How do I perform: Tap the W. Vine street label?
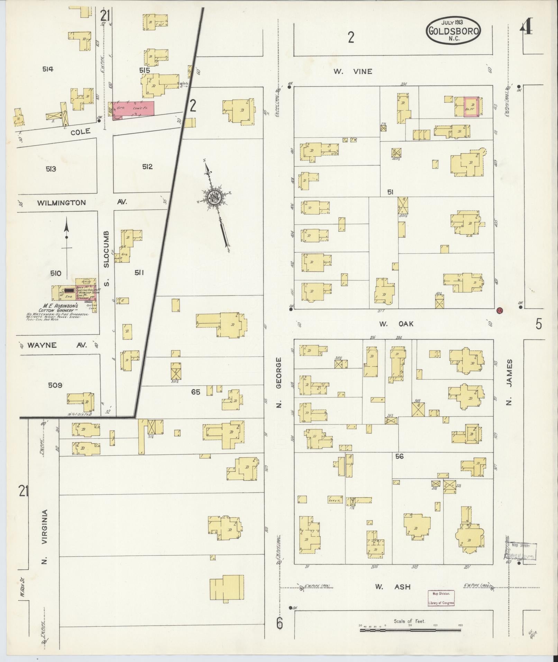point(353,72)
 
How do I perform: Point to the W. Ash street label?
point(393,587)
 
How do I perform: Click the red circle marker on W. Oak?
point(499,310)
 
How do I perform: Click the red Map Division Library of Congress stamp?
point(441,598)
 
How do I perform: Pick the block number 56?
point(399,456)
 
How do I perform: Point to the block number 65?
point(196,392)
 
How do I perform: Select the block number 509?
point(55,384)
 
